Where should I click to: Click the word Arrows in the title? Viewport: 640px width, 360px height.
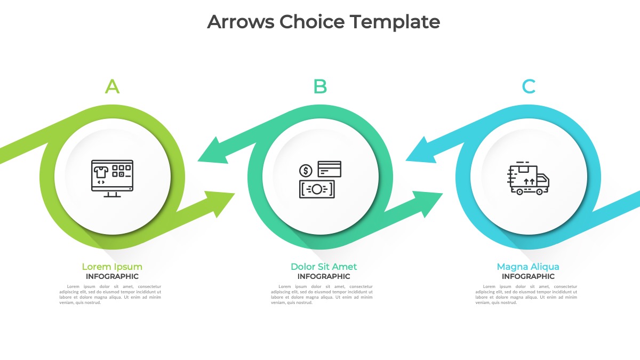tap(240, 22)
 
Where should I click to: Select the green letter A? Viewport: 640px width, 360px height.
tap(112, 86)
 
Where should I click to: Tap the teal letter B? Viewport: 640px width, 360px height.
tap(320, 86)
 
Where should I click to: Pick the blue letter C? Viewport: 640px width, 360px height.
tap(529, 86)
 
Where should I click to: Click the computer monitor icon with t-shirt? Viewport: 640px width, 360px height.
tap(112, 178)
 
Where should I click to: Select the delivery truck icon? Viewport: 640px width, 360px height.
tap(529, 180)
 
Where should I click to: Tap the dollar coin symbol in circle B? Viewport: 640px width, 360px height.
tap(306, 171)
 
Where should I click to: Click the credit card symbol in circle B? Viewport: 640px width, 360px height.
tap(329, 169)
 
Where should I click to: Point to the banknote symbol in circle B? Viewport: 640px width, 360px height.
tap(317, 189)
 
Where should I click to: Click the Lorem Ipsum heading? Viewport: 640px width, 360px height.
tap(112, 267)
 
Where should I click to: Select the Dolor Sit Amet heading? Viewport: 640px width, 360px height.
tap(324, 267)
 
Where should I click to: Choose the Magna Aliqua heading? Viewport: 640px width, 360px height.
tap(528, 267)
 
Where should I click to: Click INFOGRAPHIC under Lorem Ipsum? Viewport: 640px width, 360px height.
tap(112, 276)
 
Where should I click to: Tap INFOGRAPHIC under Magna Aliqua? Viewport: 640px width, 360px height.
tap(528, 276)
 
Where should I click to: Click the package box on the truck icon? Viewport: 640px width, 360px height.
tap(523, 170)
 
